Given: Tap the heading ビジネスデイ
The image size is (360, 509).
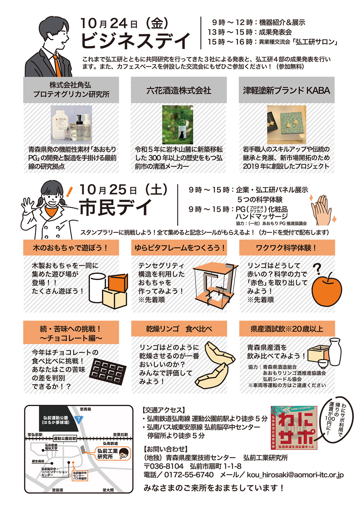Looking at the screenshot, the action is [136, 41].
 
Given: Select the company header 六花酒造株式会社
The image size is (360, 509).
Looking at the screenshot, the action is [178, 91].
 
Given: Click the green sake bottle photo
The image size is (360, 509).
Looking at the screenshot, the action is [178, 124].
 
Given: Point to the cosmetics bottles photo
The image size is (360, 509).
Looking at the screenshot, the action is [71, 124].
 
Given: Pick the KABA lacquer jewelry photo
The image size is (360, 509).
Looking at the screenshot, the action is [286, 124].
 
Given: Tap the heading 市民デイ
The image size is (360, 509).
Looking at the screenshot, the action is [115, 207].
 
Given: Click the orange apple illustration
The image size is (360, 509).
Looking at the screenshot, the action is [327, 289].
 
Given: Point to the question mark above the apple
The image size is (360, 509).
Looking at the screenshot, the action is [317, 268].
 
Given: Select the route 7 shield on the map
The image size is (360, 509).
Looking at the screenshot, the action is [79, 420].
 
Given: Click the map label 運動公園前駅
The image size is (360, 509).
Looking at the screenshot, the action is [65, 438].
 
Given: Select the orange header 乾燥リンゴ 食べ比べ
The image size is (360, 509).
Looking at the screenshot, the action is [179, 328].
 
